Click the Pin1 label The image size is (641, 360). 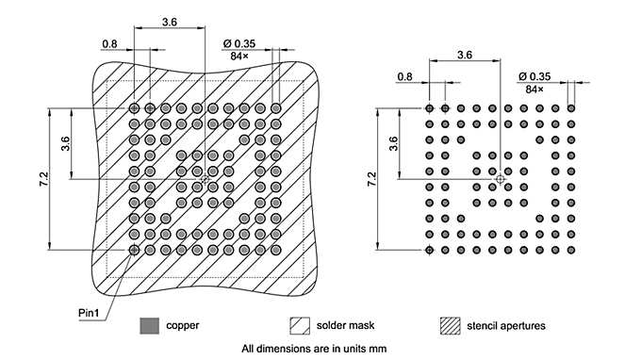[91, 309]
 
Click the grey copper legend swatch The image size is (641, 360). [148, 326]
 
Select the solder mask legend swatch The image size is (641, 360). [300, 326]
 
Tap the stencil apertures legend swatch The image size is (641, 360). [451, 326]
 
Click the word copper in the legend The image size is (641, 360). [182, 326]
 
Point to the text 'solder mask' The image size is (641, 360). [345, 326]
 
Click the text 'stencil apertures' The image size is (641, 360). [505, 326]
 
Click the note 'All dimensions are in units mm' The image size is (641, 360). [314, 349]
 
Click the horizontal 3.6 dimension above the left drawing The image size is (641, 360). [170, 21]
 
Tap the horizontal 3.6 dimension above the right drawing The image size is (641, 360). [464, 56]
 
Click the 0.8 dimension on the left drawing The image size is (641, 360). [109, 43]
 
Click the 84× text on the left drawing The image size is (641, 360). [239, 57]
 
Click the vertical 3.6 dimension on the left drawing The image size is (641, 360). [65, 143]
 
